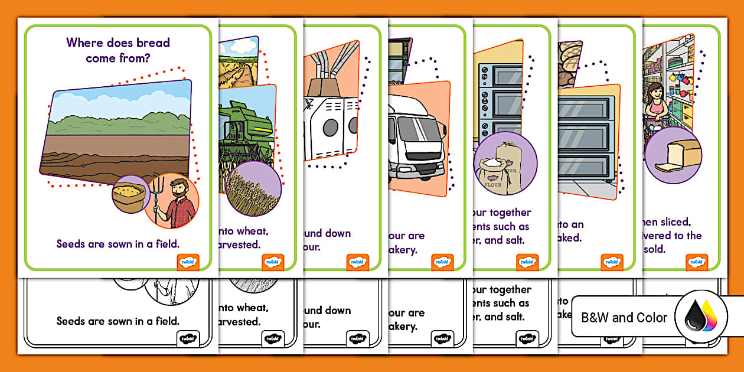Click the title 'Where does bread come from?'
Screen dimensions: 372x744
pos(118,50)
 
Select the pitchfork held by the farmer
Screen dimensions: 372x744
pos(156,201)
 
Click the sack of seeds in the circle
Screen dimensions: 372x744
pos(129,195)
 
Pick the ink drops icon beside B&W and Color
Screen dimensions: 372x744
pos(700,317)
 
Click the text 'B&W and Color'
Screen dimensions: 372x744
pos(624,318)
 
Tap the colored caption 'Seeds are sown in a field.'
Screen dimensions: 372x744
pos(118,244)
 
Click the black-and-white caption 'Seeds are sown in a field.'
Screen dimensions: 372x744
pos(118,321)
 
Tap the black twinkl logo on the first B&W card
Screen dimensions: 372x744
pos(188,339)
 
